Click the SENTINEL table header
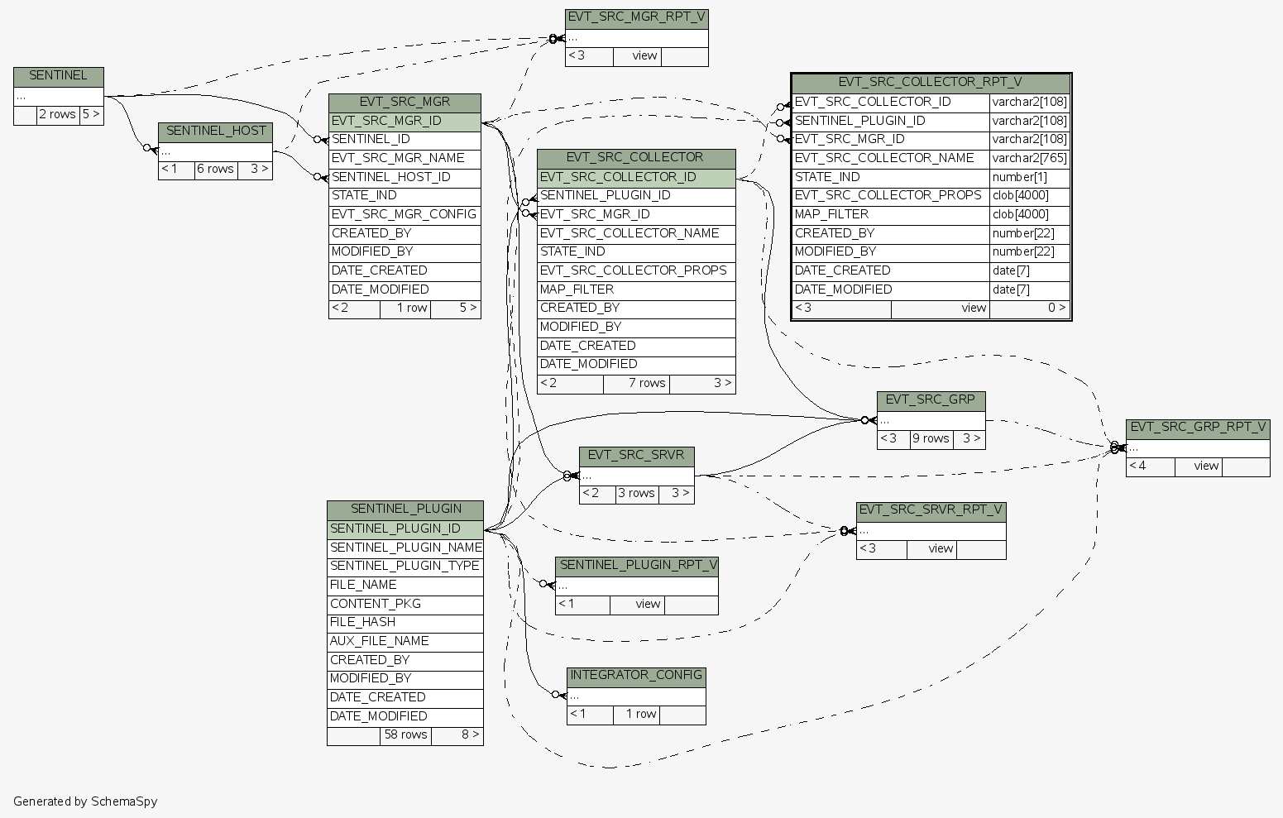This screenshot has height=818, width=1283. pyautogui.click(x=58, y=76)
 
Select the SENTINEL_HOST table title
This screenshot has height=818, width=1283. pyautogui.click(x=216, y=132)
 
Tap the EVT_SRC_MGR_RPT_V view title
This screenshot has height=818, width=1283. pyautogui.click(x=636, y=18)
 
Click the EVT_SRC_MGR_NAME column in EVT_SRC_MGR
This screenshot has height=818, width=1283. pyautogui.click(x=398, y=158)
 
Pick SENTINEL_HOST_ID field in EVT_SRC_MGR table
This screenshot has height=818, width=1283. pyautogui.click(x=391, y=177)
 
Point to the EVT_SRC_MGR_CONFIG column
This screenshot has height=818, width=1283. pyautogui.click(x=404, y=214)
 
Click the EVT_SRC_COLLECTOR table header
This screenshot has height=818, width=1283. pyautogui.click(x=635, y=158)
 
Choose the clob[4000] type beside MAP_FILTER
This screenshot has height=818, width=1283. pyautogui.click(x=1020, y=214)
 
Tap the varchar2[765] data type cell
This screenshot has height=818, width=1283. pyautogui.click(x=1029, y=158)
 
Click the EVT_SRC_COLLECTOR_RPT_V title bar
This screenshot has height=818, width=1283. pyautogui.click(x=930, y=83)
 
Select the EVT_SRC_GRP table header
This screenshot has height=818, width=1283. pyautogui.click(x=930, y=400)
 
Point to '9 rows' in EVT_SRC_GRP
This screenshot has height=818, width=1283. pyautogui.click(x=931, y=439)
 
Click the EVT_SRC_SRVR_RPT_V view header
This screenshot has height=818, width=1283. pyautogui.click(x=931, y=510)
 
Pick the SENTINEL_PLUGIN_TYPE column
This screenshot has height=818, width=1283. pyautogui.click(x=405, y=566)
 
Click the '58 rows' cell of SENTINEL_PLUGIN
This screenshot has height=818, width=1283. pyautogui.click(x=405, y=734)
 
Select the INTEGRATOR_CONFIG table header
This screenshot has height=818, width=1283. pyautogui.click(x=636, y=676)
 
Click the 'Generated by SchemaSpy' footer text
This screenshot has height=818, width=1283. pyautogui.click(x=85, y=801)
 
